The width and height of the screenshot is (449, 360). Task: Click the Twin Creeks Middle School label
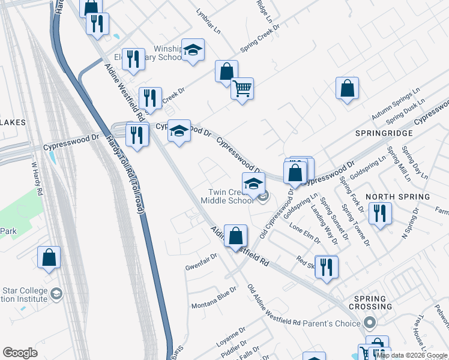227,196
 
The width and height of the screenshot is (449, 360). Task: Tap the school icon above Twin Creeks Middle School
253,184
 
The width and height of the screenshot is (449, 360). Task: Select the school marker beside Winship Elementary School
193,50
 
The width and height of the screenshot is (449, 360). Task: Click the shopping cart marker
242,89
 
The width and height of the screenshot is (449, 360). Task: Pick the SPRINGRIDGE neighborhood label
384,133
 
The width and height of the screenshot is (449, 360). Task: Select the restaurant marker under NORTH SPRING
380,214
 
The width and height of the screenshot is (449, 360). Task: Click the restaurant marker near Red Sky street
326,267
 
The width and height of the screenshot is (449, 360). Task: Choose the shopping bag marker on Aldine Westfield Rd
237,235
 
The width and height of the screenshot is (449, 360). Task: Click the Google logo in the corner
20,353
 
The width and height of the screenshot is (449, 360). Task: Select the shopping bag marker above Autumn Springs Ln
348,88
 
